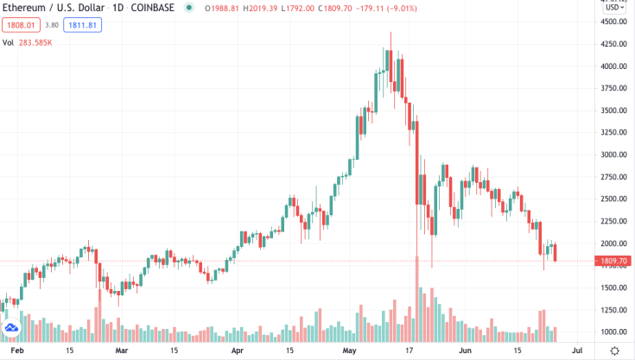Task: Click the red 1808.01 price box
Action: [x=19, y=26]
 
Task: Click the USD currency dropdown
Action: [x=614, y=8]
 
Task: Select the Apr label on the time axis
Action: [x=238, y=351]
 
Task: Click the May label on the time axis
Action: [x=349, y=351]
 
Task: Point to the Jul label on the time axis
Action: [x=576, y=351]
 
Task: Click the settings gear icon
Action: [x=614, y=351]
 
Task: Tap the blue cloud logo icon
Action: [x=12, y=329]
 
